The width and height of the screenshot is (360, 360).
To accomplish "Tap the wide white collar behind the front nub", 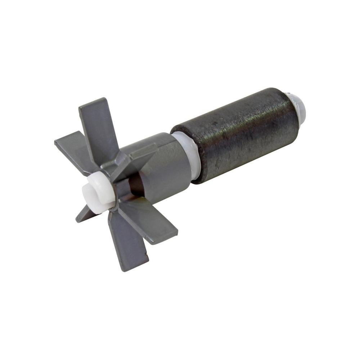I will point(103,191).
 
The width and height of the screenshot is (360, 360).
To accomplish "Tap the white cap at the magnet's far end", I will point(297,106).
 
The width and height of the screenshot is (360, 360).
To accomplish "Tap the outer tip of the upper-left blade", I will point(58,142).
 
